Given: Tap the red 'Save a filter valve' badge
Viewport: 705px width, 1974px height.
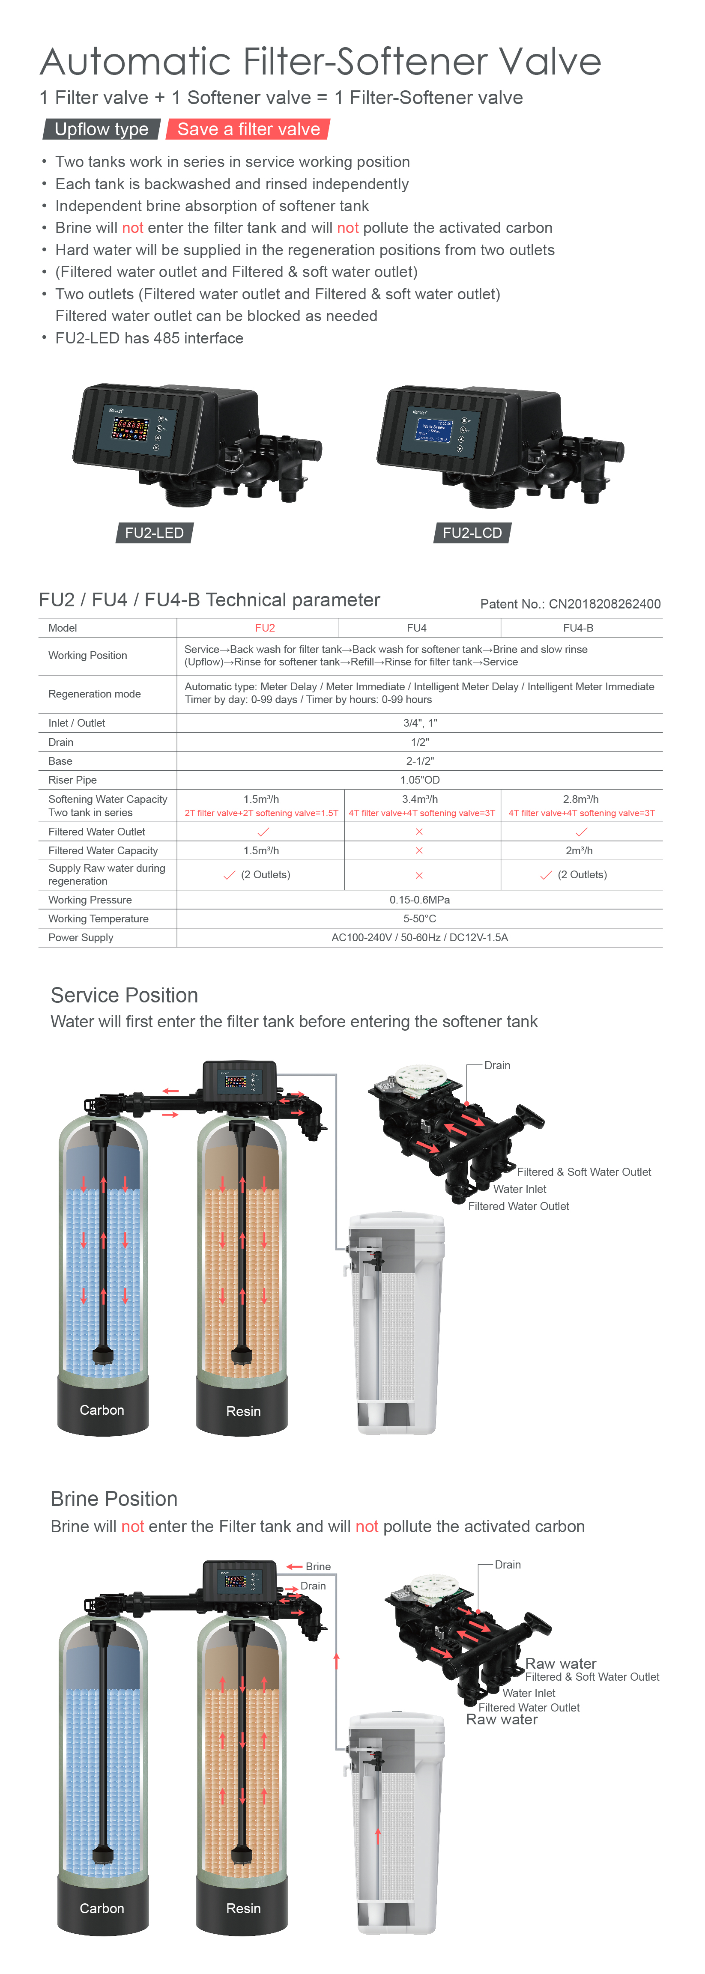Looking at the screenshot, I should (248, 129).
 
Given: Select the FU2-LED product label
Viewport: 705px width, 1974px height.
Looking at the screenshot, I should (154, 533).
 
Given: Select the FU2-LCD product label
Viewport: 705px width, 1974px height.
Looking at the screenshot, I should (472, 533).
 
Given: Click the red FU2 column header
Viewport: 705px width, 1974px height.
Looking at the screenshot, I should (264, 628).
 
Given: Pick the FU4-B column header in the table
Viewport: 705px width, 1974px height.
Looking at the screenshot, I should (578, 628).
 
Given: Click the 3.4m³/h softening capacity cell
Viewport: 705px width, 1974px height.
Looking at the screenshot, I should (420, 799).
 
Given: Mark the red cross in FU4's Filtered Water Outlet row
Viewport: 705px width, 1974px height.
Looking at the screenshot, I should (419, 832).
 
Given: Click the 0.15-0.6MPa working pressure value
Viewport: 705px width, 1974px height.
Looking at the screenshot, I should (419, 900).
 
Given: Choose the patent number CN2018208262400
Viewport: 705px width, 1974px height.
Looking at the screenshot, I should (570, 604).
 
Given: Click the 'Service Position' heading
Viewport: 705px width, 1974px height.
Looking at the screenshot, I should (124, 996).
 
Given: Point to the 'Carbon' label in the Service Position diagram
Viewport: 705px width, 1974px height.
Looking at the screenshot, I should (102, 1410).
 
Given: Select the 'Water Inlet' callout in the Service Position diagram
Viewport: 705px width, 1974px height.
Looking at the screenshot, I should (520, 1189).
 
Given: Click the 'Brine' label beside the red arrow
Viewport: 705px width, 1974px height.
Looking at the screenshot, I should (318, 1566).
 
